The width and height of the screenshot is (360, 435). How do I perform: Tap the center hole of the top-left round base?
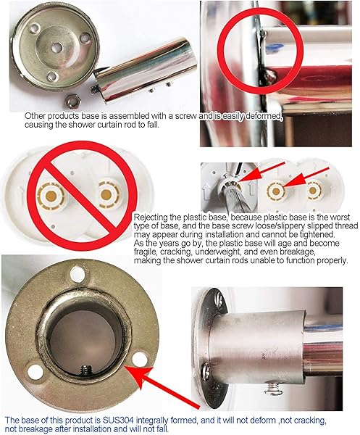[56, 48]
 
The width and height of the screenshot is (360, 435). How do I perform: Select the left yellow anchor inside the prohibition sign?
[51, 196]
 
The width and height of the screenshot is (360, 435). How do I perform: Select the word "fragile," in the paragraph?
[146, 252]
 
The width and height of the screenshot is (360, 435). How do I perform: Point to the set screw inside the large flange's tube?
[86, 370]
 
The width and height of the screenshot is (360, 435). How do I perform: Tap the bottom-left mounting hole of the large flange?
[35, 372]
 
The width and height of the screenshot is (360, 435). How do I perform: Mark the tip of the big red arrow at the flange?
[125, 366]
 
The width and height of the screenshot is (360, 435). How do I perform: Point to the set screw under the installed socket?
[274, 388]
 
